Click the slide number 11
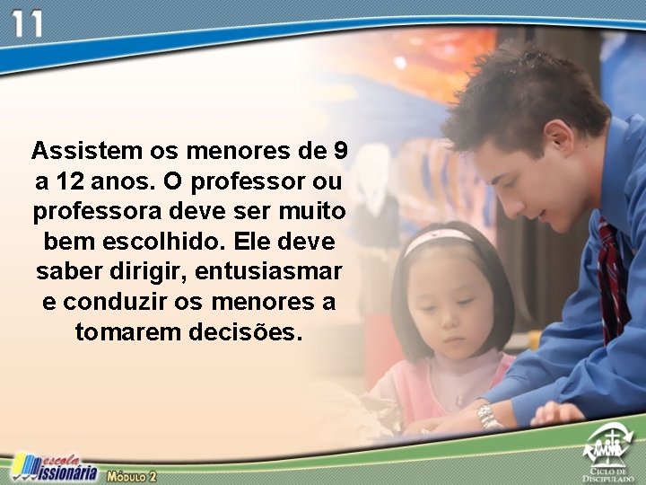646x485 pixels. coord(26,24)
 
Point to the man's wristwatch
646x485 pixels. coord(488,415)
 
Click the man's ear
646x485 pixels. coord(557,139)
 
